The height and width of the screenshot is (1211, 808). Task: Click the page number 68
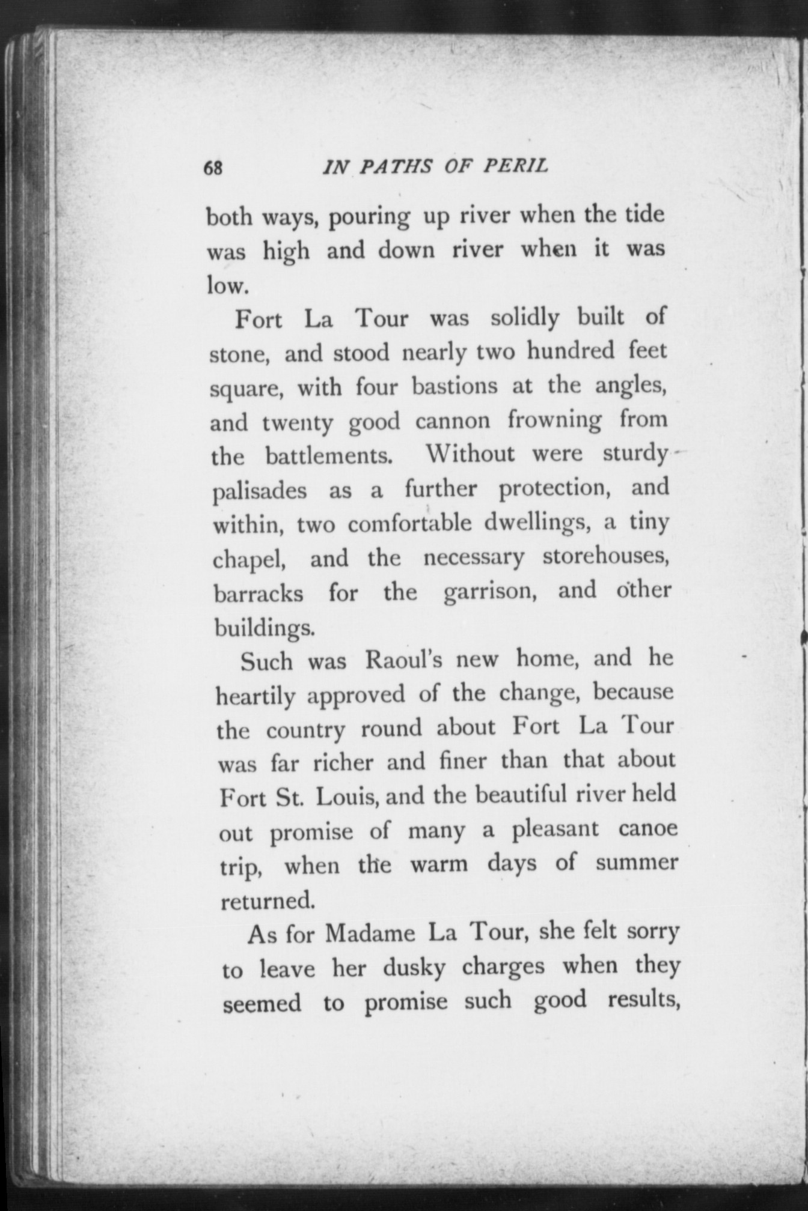(213, 168)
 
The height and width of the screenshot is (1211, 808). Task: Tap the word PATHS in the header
(396, 166)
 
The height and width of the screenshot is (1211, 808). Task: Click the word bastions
(454, 386)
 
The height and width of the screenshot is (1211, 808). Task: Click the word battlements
(329, 455)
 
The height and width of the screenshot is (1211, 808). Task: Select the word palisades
(260, 490)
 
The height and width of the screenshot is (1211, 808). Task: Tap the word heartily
(256, 696)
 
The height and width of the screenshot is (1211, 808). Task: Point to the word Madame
(370, 934)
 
